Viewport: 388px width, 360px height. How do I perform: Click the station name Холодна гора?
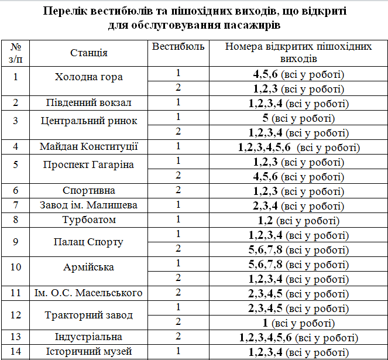[88, 77]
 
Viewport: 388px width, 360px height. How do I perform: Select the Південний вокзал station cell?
[88, 103]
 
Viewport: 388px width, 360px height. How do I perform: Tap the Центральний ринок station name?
[88, 121]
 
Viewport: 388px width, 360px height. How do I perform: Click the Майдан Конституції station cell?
[88, 146]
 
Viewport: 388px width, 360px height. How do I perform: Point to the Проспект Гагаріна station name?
[88, 164]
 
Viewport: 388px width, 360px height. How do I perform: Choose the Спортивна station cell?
[88, 191]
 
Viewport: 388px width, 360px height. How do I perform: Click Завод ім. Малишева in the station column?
[88, 205]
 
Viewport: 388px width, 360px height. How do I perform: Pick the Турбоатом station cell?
[88, 220]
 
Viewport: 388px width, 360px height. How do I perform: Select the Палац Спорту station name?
[88, 242]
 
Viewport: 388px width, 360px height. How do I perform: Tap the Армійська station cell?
[88, 268]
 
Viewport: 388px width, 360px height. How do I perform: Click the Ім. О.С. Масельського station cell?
[88, 293]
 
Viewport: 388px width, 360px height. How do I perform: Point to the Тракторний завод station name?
[88, 315]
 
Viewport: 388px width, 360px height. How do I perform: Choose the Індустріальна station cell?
[88, 337]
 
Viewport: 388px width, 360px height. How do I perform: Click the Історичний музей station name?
[88, 352]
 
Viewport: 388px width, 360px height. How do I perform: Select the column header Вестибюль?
[178, 47]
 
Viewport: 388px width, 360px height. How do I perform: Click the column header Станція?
[88, 53]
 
